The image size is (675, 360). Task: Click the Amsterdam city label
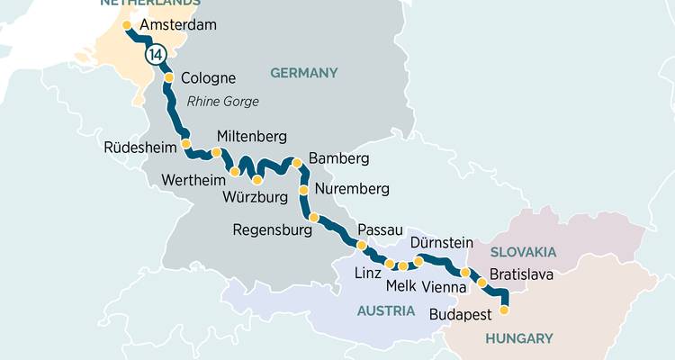pos(179,25)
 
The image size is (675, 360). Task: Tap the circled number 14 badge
pos(157,55)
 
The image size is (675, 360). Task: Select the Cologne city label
pos(208,78)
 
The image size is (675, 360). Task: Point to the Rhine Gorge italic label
pos(222,102)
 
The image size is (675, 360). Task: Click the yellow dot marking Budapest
pos(504,310)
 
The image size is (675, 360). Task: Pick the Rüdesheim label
pos(139,148)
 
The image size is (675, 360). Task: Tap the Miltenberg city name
pos(252,137)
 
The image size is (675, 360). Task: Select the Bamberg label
pos(338,159)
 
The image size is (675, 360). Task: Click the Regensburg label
pos(272,230)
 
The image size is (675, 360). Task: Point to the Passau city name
pos(380,230)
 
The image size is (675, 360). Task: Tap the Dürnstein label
pos(441,243)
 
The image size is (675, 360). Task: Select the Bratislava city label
pos(521,274)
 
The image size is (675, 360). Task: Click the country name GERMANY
pos(302,73)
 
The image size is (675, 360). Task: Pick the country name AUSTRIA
pos(385,310)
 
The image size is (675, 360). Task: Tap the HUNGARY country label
pos(518,338)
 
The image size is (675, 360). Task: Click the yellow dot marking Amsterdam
pos(126,25)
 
